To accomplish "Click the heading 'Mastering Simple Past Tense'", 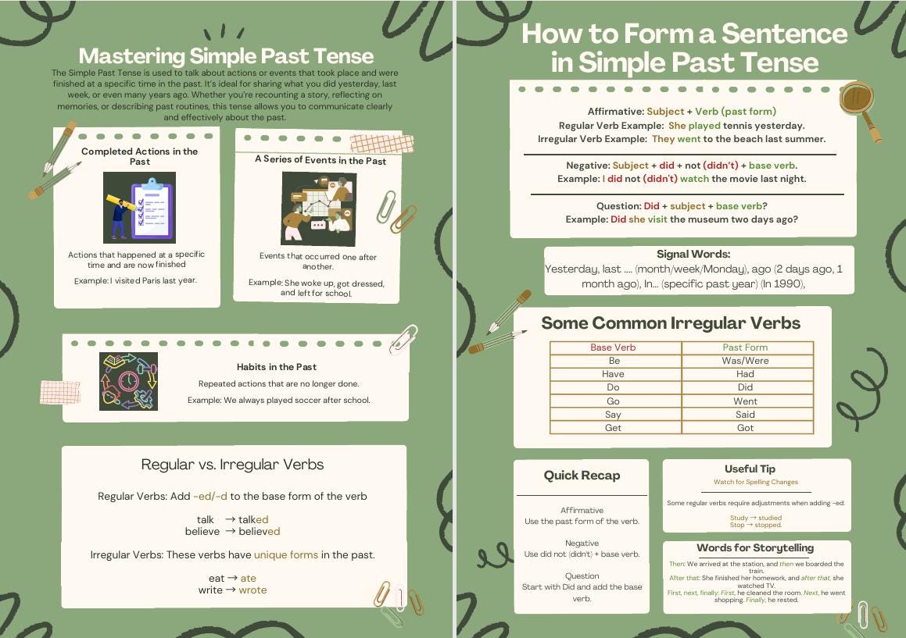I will point(226,56).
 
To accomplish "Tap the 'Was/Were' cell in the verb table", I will point(745,361).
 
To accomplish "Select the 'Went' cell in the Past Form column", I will point(745,401).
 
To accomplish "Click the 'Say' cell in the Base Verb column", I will point(614,415).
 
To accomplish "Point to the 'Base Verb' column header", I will point(613,348).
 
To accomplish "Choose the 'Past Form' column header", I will point(745,348).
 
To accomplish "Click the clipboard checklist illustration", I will point(139,208).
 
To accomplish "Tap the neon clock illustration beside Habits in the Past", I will point(128,381).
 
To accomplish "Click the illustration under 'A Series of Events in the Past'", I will point(318,209).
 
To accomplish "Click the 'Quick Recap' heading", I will point(582,476).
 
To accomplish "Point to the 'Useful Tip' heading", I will point(750,469).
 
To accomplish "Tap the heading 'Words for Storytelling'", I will point(755,547).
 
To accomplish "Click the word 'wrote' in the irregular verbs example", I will point(252,590).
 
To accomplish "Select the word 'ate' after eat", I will point(248,578).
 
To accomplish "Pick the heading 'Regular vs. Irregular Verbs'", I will point(232,465).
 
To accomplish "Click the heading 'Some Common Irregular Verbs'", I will point(671,323).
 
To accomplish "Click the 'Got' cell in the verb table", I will point(745,428).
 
